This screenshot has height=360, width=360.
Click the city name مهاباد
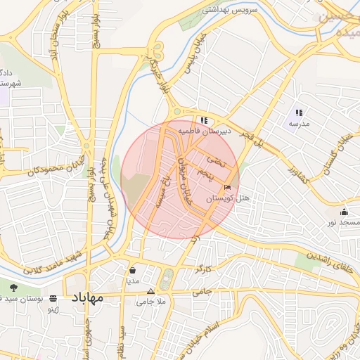point(86,297)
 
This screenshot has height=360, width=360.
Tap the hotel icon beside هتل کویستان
point(226,188)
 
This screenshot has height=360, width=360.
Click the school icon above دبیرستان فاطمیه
point(204,120)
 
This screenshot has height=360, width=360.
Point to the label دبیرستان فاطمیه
point(203,131)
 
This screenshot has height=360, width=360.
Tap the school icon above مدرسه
point(299,112)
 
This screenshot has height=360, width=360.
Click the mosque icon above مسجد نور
point(344,212)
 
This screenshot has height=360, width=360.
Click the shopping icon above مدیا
point(133,269)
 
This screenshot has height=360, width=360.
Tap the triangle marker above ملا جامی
point(150,291)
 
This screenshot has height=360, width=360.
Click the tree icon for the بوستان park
point(13,288)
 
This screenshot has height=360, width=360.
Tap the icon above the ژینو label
point(53,298)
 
